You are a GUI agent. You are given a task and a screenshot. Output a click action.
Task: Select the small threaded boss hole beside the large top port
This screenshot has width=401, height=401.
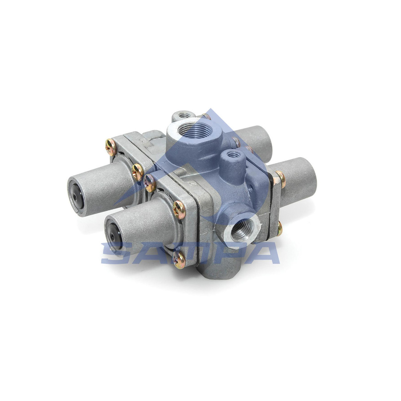(x=232, y=155)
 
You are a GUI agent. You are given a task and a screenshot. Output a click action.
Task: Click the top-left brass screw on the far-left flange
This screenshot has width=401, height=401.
(x=110, y=147)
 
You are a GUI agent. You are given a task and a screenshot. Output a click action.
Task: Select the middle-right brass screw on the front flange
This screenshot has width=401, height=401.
(x=179, y=209)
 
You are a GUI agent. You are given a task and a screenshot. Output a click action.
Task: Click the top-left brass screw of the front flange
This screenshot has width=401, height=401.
(x=149, y=183)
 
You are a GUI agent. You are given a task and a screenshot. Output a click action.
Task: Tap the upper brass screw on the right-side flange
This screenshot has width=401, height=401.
(x=280, y=179)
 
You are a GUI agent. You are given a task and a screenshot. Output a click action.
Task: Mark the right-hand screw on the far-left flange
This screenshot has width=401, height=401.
(x=137, y=172)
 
